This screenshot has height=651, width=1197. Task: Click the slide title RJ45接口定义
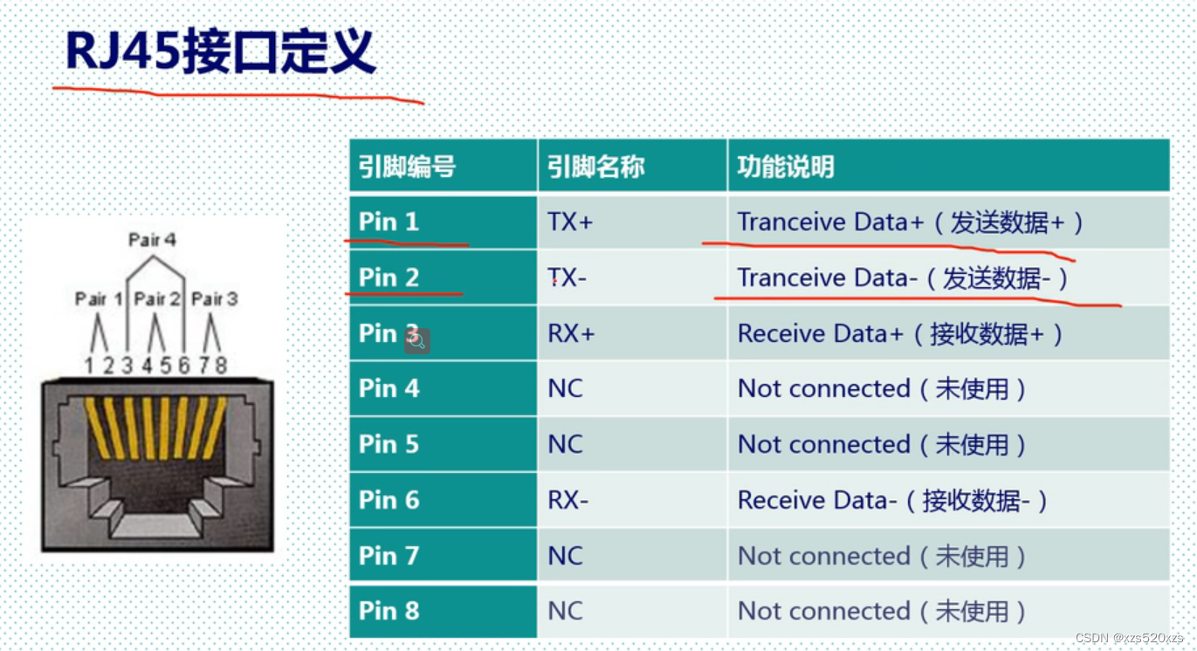tap(221, 52)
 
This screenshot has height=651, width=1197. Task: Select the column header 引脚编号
tap(407, 166)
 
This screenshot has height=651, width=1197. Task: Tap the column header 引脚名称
tap(595, 166)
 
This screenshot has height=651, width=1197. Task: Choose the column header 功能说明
tap(785, 166)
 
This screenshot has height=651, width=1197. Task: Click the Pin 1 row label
tap(389, 222)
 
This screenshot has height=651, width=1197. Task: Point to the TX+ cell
tap(570, 222)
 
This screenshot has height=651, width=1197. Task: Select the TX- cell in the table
tap(568, 278)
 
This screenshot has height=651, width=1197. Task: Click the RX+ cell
tap(571, 333)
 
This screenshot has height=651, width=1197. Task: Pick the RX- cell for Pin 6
tap(568, 500)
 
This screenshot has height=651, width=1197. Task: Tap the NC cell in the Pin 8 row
tap(565, 611)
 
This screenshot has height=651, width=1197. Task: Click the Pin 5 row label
tap(389, 444)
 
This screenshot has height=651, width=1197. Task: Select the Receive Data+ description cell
tap(900, 333)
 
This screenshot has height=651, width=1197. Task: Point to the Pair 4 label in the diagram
tap(152, 239)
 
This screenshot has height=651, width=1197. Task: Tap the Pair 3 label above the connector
tap(214, 298)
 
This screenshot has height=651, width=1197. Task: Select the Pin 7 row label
tap(389, 555)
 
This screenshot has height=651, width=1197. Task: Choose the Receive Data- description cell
tap(892, 500)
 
